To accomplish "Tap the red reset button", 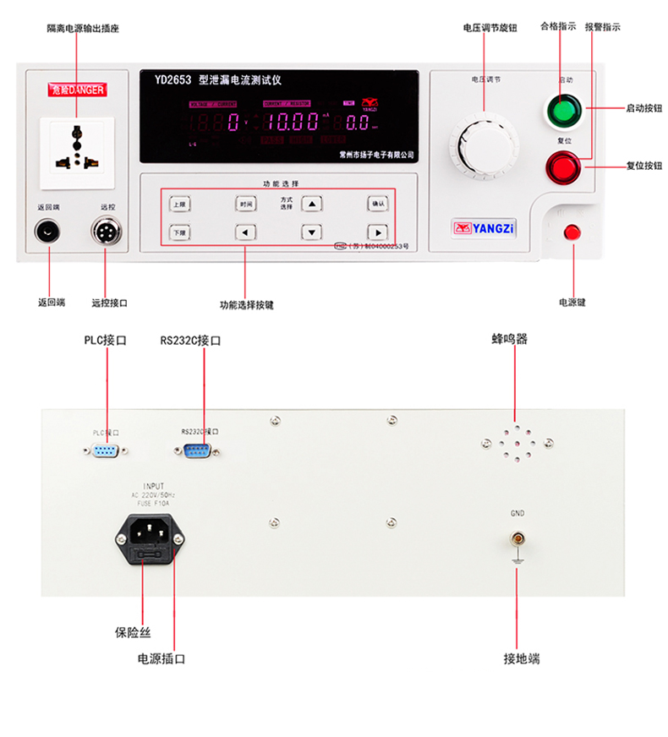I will tap(563, 167).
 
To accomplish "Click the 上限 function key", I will tap(178, 204).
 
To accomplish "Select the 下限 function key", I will tap(178, 232).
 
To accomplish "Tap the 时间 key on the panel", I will tap(245, 204).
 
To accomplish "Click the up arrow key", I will tap(313, 204).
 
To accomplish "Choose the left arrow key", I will tap(245, 232).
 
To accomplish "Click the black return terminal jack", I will tap(48, 230).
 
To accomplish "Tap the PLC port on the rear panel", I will tap(106, 451).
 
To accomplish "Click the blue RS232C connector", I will tap(199, 450).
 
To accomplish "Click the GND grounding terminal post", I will tap(516, 538).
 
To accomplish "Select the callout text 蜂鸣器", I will tap(510, 340).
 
